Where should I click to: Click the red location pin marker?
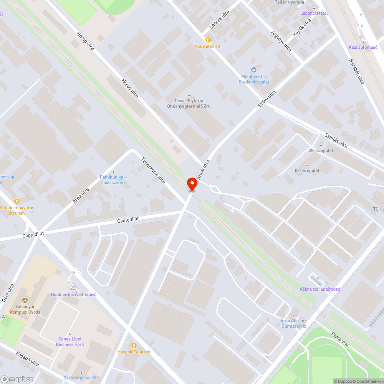pyautogui.click(x=192, y=184)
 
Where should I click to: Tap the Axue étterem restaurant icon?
pyautogui.click(x=208, y=40)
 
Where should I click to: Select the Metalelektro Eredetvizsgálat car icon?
pyautogui.click(x=254, y=70)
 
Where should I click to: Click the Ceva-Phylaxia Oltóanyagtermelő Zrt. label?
pyautogui.click(x=189, y=104)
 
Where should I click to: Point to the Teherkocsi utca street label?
pyautogui.click(x=153, y=170)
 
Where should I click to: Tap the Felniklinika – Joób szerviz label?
pyautogui.click(x=113, y=180)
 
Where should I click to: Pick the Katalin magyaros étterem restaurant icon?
pyautogui.click(x=17, y=201)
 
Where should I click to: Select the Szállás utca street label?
pyautogui.click(x=336, y=141)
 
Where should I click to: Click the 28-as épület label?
pyautogui.click(x=321, y=151)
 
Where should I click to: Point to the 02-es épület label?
pyautogui.click(x=307, y=170)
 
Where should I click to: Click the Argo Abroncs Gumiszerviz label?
pyautogui.click(x=294, y=323)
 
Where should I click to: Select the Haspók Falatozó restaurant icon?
pyautogui.click(x=134, y=345)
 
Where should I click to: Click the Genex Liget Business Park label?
pyautogui.click(x=70, y=342)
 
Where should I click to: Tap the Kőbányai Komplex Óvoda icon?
pyautogui.click(x=25, y=300)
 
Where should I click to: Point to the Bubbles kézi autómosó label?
pyautogui.click(x=74, y=295)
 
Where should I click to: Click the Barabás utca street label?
pyautogui.click(x=356, y=71)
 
